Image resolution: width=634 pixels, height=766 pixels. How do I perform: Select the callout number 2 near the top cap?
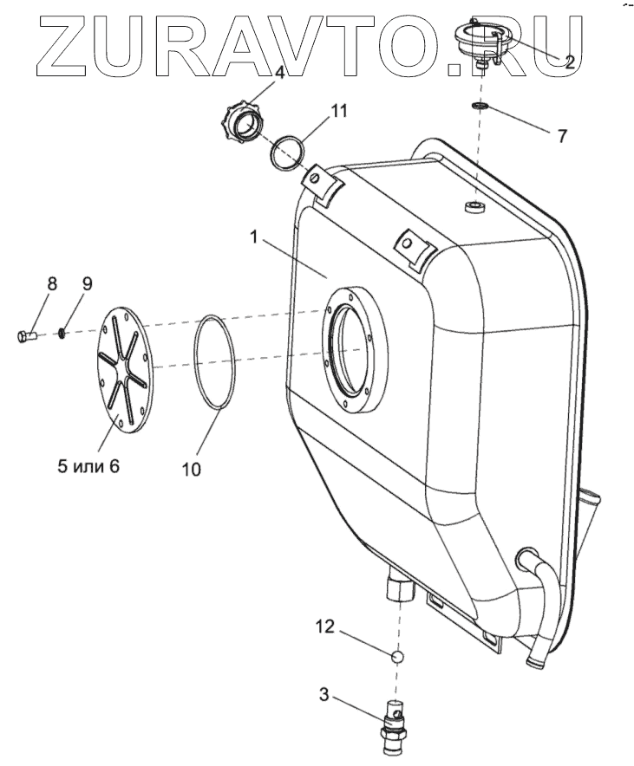coord(569,62)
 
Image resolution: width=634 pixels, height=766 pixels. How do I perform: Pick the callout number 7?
coord(562,136)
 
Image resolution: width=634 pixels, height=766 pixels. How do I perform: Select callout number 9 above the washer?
coord(87,283)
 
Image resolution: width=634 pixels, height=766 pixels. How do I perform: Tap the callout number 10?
coord(192,468)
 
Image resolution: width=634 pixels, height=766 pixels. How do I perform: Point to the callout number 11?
coord(338,110)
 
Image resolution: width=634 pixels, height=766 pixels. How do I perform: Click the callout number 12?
coord(325,626)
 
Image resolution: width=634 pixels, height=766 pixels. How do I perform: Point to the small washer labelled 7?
coord(479,107)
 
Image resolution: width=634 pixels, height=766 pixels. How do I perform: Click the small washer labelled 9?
coord(62,332)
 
